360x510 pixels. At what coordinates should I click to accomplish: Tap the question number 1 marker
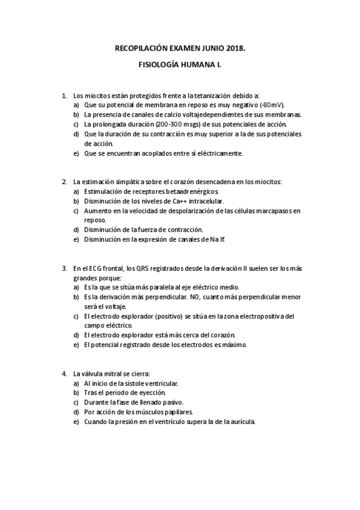point(64,95)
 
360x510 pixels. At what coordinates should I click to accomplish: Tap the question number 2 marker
point(64,182)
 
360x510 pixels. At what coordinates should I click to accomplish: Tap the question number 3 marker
point(64,268)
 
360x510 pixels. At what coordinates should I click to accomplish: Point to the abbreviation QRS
point(151,268)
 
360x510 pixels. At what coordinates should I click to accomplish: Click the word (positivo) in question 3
point(173,316)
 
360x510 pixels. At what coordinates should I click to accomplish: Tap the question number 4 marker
point(64,373)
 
